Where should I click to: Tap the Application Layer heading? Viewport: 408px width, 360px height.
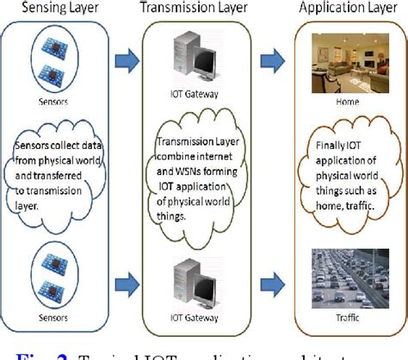coord(348,10)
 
